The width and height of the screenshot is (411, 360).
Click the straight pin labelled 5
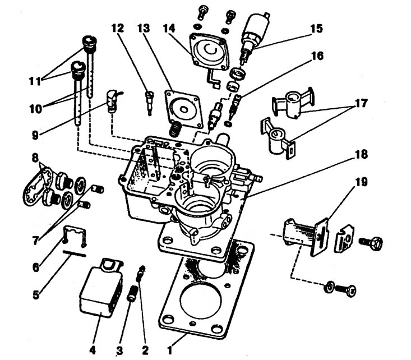[x=74, y=254]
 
